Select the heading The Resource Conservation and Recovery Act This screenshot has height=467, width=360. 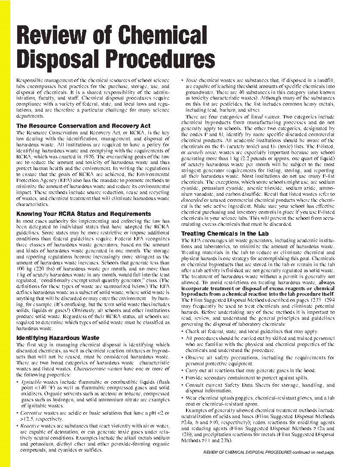pos(83,126)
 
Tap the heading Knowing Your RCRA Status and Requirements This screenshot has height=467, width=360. pos(83,214)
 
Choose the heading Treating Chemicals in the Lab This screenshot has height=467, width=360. pos(225,233)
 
